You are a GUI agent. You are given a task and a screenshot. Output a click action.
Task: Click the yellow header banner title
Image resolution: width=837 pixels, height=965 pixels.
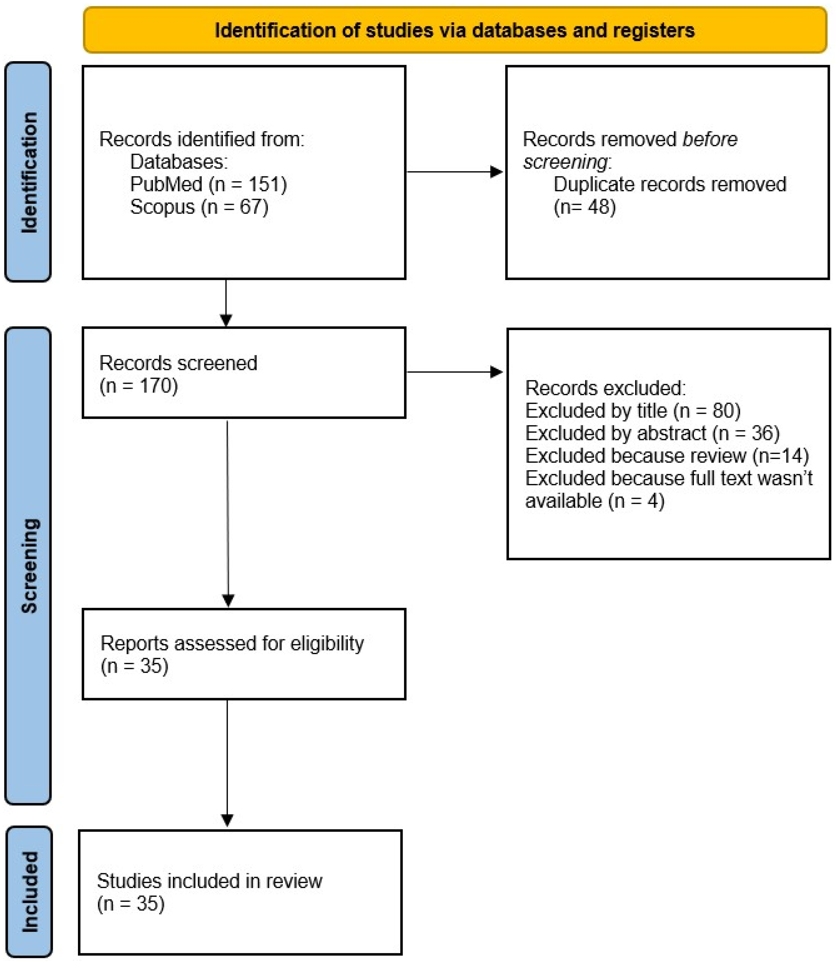pyautogui.click(x=455, y=30)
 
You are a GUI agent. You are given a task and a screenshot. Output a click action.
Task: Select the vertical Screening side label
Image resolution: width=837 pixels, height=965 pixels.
pyautogui.click(x=29, y=566)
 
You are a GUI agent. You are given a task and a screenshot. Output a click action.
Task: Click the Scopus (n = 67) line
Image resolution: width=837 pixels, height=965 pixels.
pyautogui.click(x=199, y=207)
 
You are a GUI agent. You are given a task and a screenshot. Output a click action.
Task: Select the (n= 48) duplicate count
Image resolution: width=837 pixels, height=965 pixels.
pyautogui.click(x=585, y=207)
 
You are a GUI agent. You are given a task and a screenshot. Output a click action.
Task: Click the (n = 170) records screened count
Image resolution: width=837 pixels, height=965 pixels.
pyautogui.click(x=139, y=386)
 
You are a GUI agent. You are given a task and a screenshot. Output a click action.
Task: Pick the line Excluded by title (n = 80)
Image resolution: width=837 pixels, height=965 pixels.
pyautogui.click(x=632, y=410)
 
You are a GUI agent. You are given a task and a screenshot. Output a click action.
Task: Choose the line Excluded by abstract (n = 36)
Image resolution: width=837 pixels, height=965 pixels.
pyautogui.click(x=652, y=433)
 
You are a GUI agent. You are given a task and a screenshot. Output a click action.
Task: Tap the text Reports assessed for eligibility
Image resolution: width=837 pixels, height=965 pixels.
pyautogui.click(x=232, y=643)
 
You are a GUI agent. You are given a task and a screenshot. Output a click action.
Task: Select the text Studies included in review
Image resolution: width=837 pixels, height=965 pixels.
pyautogui.click(x=209, y=881)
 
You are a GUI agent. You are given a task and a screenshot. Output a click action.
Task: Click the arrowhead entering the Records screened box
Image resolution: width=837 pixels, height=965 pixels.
pyautogui.click(x=226, y=320)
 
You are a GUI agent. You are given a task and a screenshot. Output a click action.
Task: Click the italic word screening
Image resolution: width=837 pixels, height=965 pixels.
pyautogui.click(x=565, y=162)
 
